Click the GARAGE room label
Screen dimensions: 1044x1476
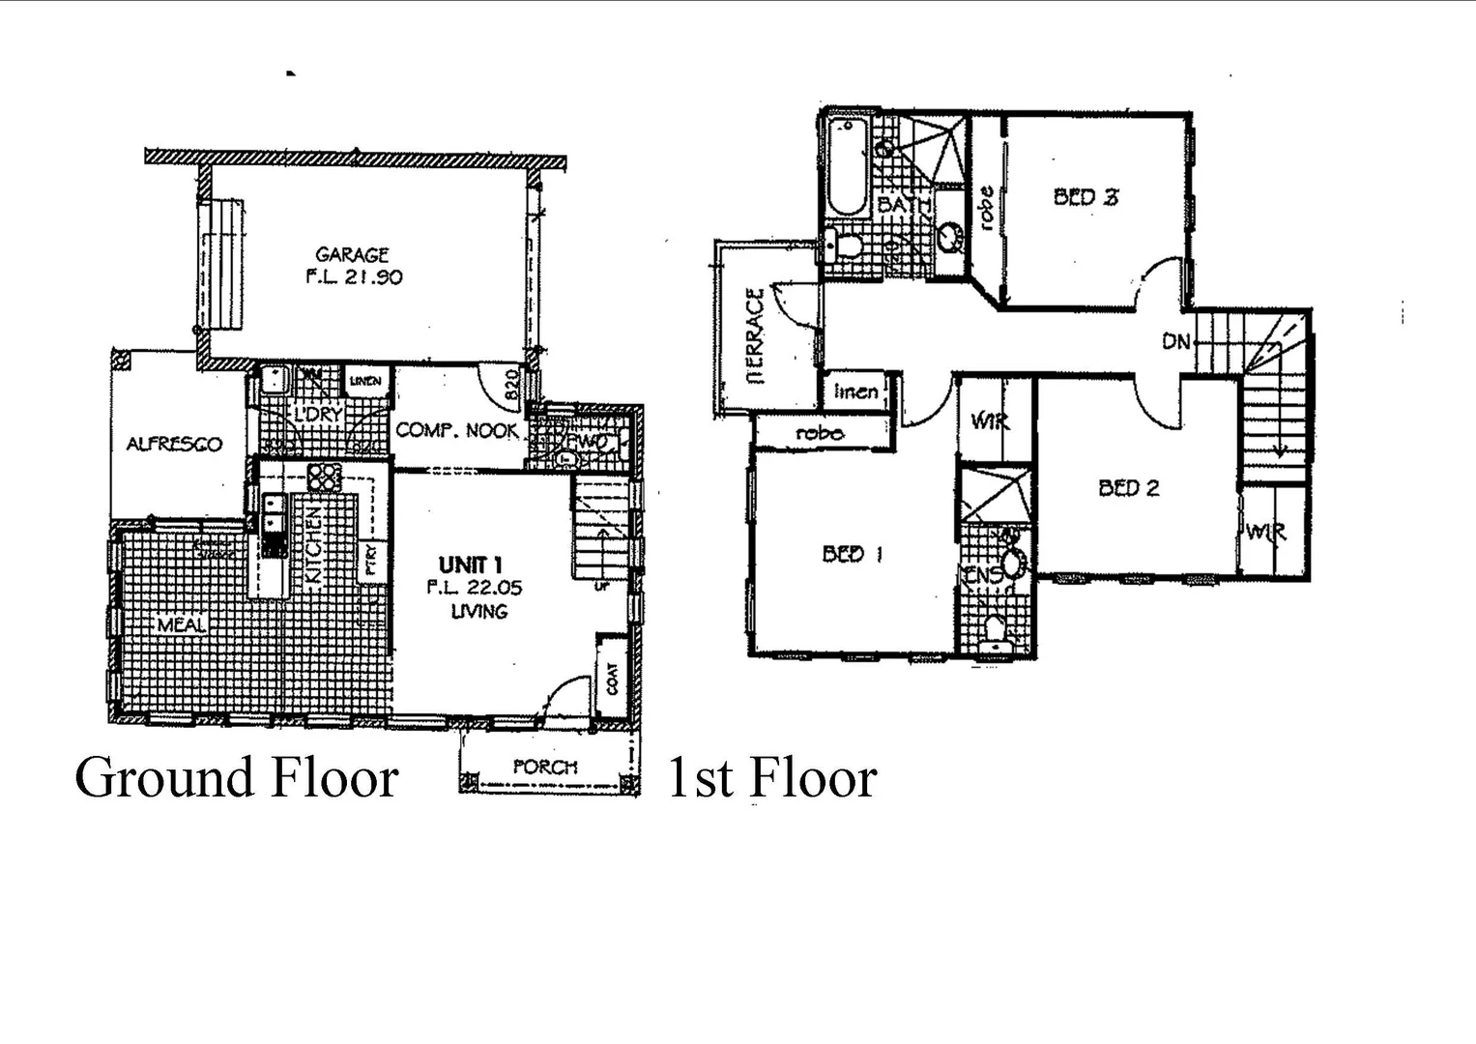[x=352, y=255]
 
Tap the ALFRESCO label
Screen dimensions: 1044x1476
[x=174, y=445]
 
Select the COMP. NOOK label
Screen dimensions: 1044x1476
[x=457, y=430]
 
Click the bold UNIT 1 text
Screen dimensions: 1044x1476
[x=470, y=565]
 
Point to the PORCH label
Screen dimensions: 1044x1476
[x=545, y=767]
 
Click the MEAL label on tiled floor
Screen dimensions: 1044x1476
[x=182, y=625]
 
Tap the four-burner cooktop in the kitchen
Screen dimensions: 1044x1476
[x=325, y=478]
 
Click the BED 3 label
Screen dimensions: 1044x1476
[x=1085, y=197]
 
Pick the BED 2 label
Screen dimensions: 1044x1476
[x=1128, y=488]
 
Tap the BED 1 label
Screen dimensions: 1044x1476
[x=852, y=554]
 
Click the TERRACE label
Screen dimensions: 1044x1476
[x=756, y=335]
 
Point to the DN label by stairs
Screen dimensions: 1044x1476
[x=1175, y=341]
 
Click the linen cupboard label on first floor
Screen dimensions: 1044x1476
[x=855, y=391]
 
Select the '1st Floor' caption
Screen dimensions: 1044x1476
[x=771, y=778]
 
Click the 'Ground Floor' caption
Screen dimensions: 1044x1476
[x=237, y=778]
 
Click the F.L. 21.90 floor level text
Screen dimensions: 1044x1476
[x=354, y=277]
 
